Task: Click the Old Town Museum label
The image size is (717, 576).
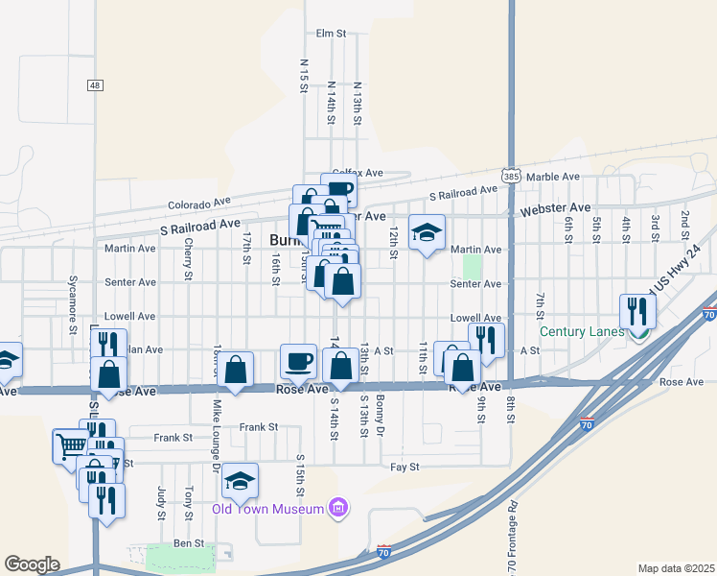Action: click(269, 509)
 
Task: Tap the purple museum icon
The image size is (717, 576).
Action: click(336, 507)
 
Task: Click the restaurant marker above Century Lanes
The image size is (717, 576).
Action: click(637, 311)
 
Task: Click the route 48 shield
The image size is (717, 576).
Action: click(94, 85)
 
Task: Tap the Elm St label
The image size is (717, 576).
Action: click(330, 34)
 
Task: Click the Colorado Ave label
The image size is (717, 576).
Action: click(199, 204)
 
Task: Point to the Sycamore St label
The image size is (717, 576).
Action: click(73, 304)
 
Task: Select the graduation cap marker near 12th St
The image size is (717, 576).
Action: click(427, 231)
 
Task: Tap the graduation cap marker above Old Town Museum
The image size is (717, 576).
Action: click(241, 481)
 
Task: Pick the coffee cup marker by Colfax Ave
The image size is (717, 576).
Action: click(339, 189)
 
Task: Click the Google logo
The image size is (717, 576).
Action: click(32, 564)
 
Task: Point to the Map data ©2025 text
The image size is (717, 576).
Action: click(676, 568)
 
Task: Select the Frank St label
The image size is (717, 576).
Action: click(259, 426)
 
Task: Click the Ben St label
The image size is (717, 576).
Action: click(189, 543)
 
